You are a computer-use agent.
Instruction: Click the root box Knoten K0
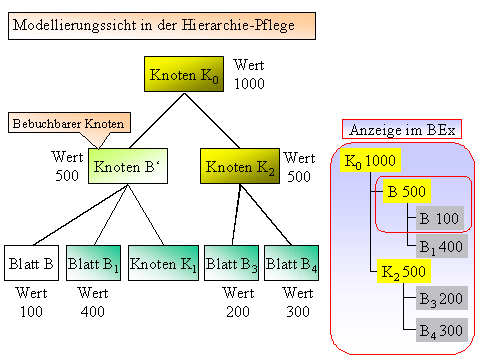185,74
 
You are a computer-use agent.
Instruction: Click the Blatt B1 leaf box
93,264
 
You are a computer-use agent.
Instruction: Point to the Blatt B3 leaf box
231,264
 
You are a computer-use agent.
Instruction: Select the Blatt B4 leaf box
292,264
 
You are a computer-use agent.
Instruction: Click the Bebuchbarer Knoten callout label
69,123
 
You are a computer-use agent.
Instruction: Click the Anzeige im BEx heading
401,130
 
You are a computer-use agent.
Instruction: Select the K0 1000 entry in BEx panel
371,161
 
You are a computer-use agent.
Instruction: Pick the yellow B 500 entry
406,190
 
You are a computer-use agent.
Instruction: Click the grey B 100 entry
438,217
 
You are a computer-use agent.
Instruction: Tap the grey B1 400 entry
439,244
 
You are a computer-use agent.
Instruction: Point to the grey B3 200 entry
440,299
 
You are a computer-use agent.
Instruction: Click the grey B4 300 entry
440,329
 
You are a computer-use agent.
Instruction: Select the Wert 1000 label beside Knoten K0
248,74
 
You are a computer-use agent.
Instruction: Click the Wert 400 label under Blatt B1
92,302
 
